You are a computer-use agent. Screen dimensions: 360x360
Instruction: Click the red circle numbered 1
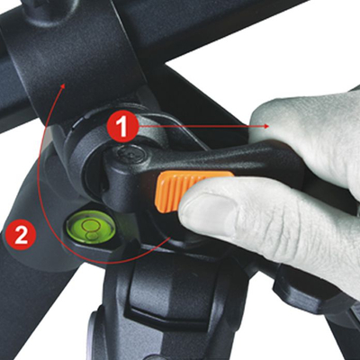[x=122, y=126]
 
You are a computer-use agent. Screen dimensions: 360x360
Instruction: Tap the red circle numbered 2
[x=21, y=235]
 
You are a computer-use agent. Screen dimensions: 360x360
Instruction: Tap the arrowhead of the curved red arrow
[x=63, y=87]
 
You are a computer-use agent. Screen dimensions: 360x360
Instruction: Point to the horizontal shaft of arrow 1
[x=203, y=126]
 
